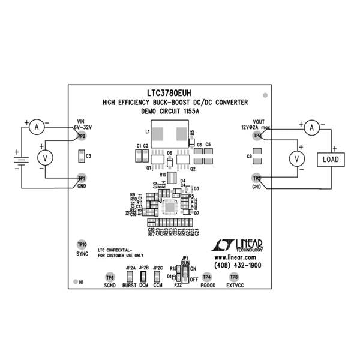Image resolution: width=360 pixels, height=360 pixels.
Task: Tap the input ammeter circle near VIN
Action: [x=37, y=127]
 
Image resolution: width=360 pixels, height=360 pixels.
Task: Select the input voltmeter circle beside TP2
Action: [x=43, y=158]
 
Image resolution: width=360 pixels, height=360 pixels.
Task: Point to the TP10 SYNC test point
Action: [x=82, y=245]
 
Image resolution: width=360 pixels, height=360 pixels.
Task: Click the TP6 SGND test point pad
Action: [x=109, y=277]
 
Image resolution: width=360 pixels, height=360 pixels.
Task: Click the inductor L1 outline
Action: [x=169, y=131]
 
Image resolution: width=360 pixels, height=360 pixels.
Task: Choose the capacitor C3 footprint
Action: [x=81, y=157]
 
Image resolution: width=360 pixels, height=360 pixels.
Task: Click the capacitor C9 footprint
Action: [x=256, y=157]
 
